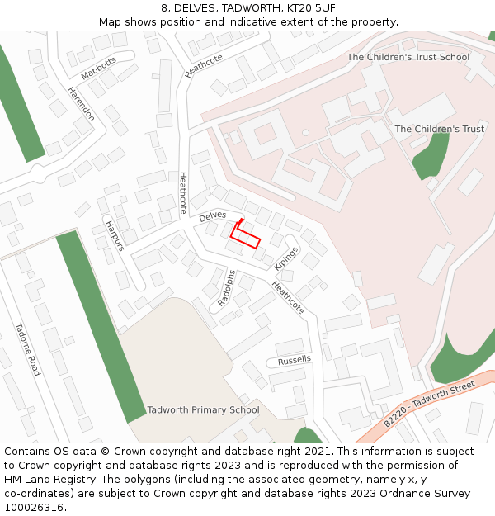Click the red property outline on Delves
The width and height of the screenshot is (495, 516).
pyautogui.click(x=245, y=236)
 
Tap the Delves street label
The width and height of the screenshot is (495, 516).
pyautogui.click(x=212, y=215)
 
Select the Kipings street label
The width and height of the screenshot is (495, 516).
pyautogui.click(x=285, y=258)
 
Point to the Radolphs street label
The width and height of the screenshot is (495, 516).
pyautogui.click(x=226, y=289)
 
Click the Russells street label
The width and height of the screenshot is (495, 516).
pyautogui.click(x=295, y=360)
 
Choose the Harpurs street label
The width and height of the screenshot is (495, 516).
pyautogui.click(x=114, y=235)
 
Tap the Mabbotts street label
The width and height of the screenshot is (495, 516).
pyautogui.click(x=98, y=69)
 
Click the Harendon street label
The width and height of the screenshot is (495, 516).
pyautogui.click(x=81, y=104)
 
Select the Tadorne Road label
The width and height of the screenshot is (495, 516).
pyautogui.click(x=27, y=349)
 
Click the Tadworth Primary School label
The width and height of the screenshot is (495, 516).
pyautogui.click(x=203, y=410)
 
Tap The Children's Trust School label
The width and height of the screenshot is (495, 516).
pyautogui.click(x=408, y=58)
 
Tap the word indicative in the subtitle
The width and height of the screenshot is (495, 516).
pyautogui.click(x=266, y=22)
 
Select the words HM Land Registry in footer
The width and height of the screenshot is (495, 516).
pyautogui.click(x=42, y=480)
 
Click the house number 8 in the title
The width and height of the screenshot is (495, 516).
pyautogui.click(x=165, y=8)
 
